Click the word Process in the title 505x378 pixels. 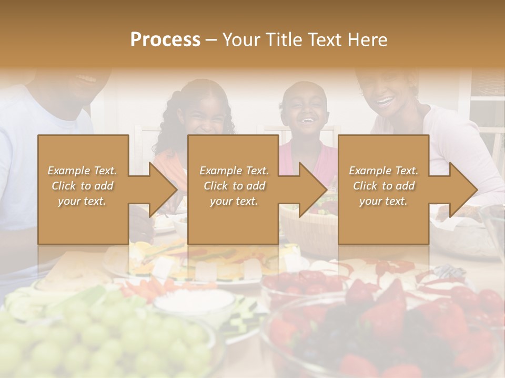click(x=165, y=40)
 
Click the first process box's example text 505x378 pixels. click(x=83, y=186)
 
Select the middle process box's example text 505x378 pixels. click(x=234, y=186)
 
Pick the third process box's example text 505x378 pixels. click(x=383, y=186)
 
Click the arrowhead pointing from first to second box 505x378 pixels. click(x=163, y=190)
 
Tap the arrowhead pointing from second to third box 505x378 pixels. click(x=313, y=190)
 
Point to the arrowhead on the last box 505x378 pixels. click(x=463, y=190)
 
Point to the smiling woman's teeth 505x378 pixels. click(x=386, y=100)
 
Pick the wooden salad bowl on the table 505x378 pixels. click(x=308, y=220)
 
